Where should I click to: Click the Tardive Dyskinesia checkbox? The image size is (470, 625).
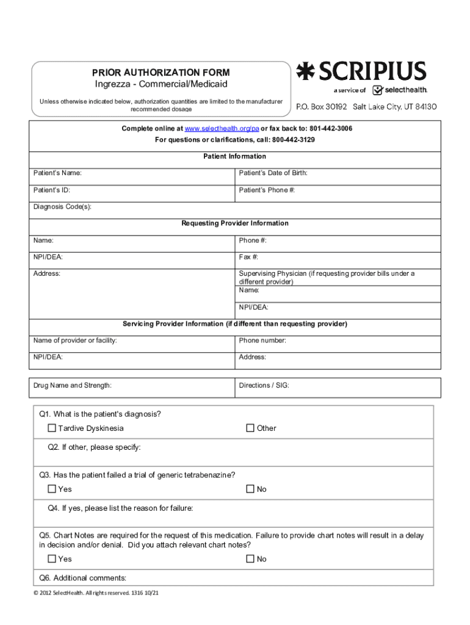pyautogui.click(x=52, y=428)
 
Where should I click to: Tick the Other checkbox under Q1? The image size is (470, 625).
pyautogui.click(x=250, y=428)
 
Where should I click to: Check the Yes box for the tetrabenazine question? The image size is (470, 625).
pyautogui.click(x=52, y=489)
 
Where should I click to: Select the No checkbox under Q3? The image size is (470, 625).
pyautogui.click(x=250, y=489)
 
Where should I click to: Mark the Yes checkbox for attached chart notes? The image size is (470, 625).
pyautogui.click(x=52, y=559)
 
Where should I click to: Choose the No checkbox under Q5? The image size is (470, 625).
pyautogui.click(x=250, y=559)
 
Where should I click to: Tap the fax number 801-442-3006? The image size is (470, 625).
pyautogui.click(x=330, y=129)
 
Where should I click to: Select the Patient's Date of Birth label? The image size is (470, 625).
pyautogui.click(x=273, y=173)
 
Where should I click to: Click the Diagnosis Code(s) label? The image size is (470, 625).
pyautogui.click(x=62, y=207)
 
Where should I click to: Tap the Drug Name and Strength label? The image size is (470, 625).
pyautogui.click(x=73, y=386)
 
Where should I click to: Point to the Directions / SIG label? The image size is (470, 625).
pyautogui.click(x=264, y=386)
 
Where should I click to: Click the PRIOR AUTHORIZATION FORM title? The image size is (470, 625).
pyautogui.click(x=161, y=73)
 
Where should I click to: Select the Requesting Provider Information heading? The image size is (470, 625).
pyautogui.click(x=235, y=223)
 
